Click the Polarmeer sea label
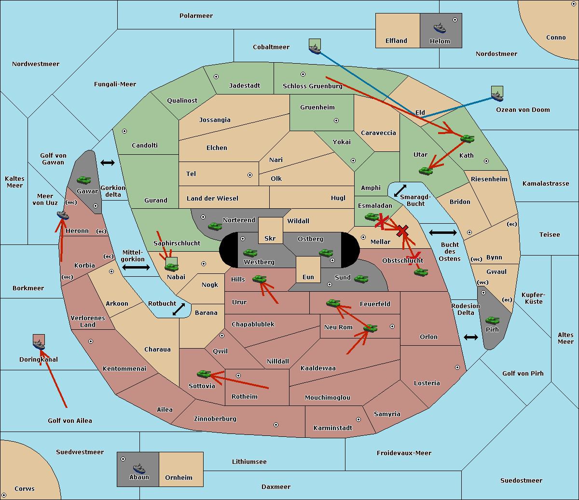point(196,16)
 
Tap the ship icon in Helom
point(439,27)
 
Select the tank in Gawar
point(84,180)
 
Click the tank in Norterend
point(215,226)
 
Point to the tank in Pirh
point(492,320)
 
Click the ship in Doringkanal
point(39,344)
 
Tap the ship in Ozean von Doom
point(497,95)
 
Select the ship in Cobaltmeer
point(315,48)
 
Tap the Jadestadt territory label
point(244,86)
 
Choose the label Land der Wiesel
point(212,198)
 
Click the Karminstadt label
point(333,428)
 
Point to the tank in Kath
point(467,138)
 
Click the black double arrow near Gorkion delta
point(108,163)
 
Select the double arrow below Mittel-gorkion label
point(136,267)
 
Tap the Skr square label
point(270,239)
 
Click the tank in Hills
point(260,279)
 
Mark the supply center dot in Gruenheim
point(336,121)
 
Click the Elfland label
point(396,41)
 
